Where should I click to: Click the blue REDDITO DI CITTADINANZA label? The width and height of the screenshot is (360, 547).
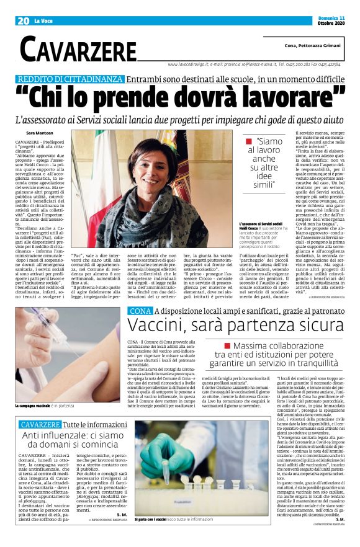(x=70, y=79)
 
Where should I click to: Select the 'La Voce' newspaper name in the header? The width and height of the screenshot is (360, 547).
(x=44, y=21)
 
